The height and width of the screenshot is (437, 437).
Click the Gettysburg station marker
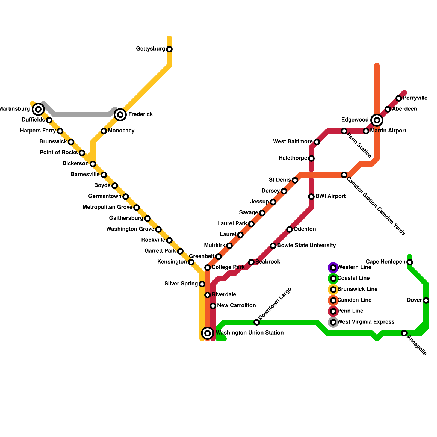coord(169,49)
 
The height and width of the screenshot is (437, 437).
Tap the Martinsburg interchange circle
coord(38,109)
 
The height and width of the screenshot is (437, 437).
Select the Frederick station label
coord(140,114)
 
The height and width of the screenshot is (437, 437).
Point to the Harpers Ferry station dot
coord(60,131)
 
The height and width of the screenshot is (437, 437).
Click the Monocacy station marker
coord(104,131)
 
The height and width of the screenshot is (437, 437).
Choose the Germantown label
coord(105,196)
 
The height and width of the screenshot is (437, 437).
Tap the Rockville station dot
coord(169,240)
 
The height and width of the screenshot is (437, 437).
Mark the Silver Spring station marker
coord(202,284)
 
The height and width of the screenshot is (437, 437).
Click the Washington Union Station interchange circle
coord(208,333)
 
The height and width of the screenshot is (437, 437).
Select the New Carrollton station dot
coord(213,306)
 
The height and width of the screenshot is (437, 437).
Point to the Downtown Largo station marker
coord(256,322)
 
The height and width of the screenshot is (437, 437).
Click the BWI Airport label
coord(330,196)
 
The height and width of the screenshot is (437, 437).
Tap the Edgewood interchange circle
coord(377,120)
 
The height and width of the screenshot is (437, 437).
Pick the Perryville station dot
coord(399,98)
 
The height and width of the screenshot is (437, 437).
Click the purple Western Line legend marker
coord(333,268)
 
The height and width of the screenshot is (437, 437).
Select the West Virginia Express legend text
coord(366,322)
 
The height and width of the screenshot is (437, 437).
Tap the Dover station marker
coord(426,300)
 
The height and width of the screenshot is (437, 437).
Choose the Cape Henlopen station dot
coord(410,262)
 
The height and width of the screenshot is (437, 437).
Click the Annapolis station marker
coord(404,333)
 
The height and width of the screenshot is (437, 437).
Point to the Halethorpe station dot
coord(311,158)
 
